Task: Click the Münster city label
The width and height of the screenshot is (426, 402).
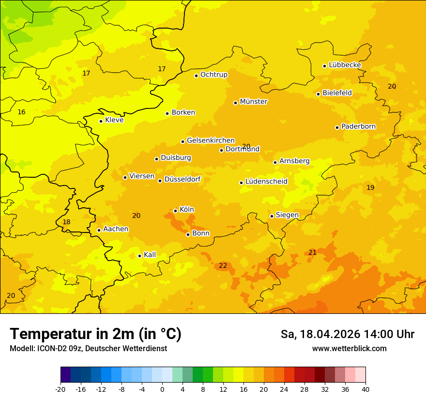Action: click(x=254, y=102)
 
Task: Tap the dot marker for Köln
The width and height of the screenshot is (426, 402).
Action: click(x=175, y=211)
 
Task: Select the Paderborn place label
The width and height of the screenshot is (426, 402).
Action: click(x=358, y=126)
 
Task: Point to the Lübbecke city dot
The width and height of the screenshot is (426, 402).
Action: click(x=324, y=66)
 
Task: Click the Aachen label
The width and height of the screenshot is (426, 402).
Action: click(x=116, y=229)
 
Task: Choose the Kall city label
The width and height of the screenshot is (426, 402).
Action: click(x=150, y=255)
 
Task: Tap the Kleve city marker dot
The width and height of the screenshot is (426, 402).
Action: click(x=101, y=121)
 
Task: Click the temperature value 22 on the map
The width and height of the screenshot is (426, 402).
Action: click(x=223, y=265)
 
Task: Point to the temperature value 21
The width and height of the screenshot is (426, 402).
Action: click(x=312, y=252)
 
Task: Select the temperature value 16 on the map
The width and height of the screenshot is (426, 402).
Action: click(x=21, y=112)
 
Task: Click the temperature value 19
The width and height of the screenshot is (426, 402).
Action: click(x=370, y=187)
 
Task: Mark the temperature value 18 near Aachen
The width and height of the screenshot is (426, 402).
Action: click(x=66, y=222)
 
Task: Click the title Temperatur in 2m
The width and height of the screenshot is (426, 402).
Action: click(x=95, y=334)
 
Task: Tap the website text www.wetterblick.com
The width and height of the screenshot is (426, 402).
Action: click(x=349, y=348)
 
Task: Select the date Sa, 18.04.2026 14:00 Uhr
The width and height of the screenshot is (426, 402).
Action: click(x=347, y=334)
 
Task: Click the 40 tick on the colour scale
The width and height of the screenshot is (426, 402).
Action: click(x=365, y=389)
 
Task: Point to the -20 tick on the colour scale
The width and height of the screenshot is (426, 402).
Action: click(x=61, y=389)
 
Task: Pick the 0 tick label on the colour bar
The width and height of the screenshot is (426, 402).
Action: click(x=162, y=389)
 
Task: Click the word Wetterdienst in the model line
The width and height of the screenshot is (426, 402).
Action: click(x=143, y=348)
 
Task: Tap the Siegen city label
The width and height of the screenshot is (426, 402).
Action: click(x=287, y=215)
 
